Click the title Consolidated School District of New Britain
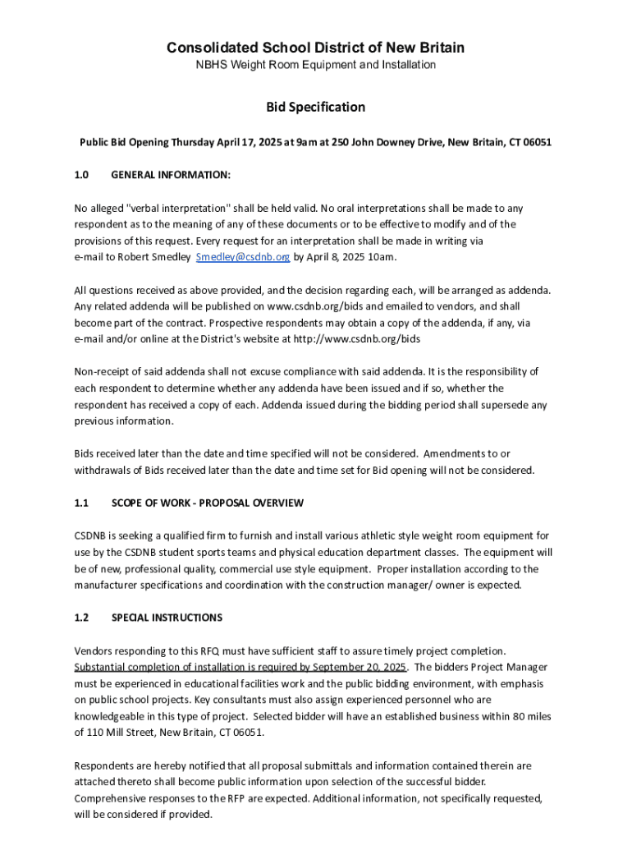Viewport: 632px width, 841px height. pos(315,48)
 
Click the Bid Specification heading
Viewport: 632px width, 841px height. pos(315,107)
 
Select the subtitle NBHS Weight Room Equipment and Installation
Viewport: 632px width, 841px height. pos(315,65)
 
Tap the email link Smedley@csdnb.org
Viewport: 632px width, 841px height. pos(243,257)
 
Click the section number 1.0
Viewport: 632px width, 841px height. pos(81,175)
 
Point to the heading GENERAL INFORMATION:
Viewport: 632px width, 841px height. pos(170,175)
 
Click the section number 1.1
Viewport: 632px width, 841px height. pos(81,503)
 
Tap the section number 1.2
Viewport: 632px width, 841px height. pos(81,618)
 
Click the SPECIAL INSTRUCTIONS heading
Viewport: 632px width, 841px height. pos(167,618)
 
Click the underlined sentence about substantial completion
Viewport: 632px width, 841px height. pos(240,667)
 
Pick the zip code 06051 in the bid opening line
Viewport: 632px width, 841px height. pos(536,142)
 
